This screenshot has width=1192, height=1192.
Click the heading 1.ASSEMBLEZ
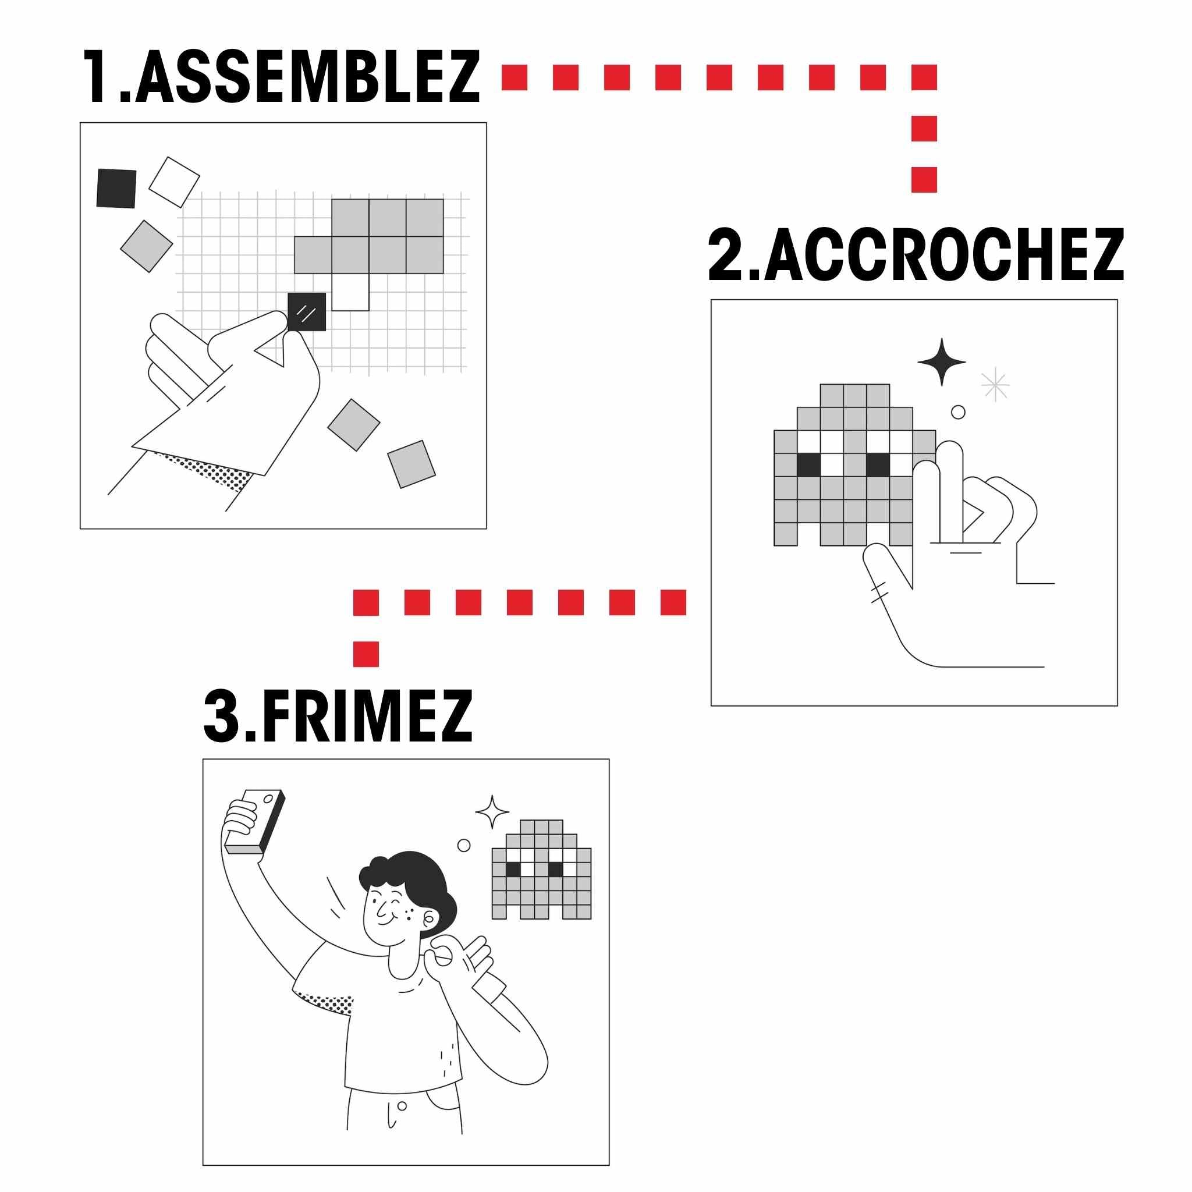pos(281,77)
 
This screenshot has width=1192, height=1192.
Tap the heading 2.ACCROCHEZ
pos(916,255)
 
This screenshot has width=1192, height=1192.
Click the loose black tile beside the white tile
pos(116,188)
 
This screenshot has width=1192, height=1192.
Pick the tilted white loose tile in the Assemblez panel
pos(174,182)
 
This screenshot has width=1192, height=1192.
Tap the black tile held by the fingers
pos(307,311)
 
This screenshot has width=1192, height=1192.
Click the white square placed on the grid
pos(350,292)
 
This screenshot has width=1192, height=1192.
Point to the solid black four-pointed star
pos(942,362)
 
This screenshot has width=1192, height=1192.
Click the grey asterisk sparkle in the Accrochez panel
pos(995,385)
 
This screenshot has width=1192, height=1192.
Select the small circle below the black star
pos(957,412)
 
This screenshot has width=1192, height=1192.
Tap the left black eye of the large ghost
pos(808,464)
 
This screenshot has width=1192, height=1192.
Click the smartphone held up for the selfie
pos(254,822)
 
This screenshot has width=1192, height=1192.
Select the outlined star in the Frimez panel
pos(492,812)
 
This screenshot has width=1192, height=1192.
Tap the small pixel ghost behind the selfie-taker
pos(541,870)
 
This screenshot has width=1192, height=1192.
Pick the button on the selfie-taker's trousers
pos(402,1106)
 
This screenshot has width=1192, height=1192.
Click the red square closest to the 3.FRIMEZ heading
pos(366,654)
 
